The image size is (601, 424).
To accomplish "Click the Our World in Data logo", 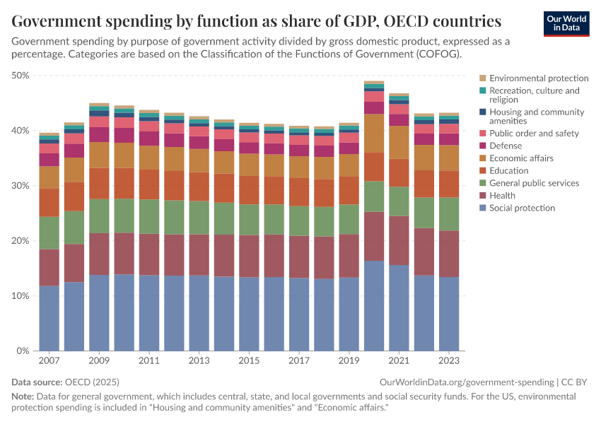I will coord(566,23).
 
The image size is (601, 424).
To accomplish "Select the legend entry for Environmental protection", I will coord(538,78).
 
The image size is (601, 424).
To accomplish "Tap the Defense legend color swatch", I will coord(482,146).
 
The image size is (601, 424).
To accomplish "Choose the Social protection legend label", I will coord(522,208).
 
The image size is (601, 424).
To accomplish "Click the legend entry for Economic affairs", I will coord(521,158).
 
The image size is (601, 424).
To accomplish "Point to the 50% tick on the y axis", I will coord(20,76).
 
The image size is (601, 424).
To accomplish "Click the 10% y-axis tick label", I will coord(20,296).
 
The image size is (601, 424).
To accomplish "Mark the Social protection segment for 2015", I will coord(248,314).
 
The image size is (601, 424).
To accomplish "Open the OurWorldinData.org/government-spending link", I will coord(462,382).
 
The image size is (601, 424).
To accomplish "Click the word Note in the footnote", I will coord(23,396).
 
